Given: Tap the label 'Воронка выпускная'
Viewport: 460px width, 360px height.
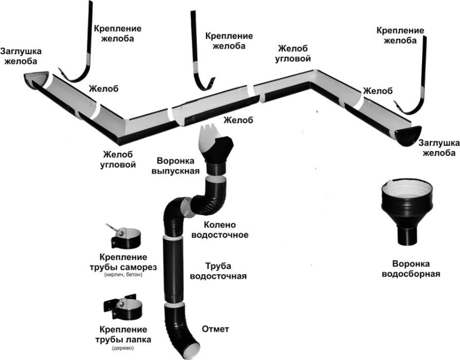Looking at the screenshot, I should coord(175,165).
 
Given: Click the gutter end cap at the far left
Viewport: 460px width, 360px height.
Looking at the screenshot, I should coord(36,80).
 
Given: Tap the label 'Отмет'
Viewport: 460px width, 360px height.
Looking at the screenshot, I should coord(216,329).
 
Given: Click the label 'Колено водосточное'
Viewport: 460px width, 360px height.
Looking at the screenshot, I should coord(219,230).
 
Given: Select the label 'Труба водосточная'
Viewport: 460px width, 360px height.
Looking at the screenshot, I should coord(218,271).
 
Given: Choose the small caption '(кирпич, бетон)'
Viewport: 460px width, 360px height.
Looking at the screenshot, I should coord(122,276).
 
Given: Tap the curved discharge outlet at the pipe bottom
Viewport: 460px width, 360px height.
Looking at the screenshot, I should coord(182,334).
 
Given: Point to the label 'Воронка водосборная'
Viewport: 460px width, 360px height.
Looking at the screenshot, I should coord(411,268).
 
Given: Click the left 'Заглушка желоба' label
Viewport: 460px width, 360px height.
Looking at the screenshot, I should coord(21,56).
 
